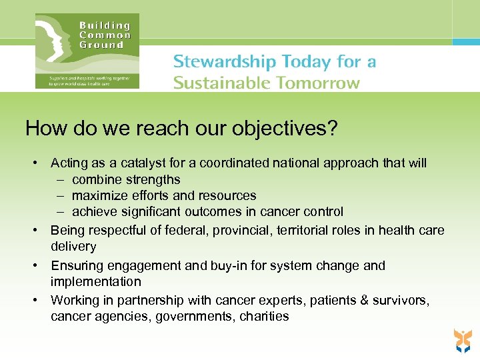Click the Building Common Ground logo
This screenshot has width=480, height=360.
87,51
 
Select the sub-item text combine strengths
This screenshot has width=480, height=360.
126,179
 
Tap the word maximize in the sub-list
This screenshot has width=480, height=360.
100,195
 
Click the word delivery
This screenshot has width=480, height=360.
73,247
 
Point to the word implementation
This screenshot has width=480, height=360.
96,281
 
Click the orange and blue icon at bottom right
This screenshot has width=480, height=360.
461,340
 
